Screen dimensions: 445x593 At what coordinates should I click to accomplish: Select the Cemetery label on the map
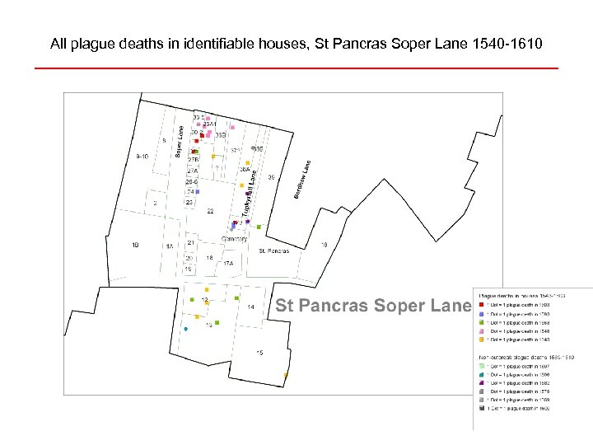tap(235, 239)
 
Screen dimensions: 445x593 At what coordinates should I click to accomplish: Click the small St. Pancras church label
tap(273, 251)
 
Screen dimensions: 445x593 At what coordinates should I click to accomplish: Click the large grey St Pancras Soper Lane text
tap(372, 306)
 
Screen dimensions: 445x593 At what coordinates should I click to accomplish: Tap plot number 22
tap(210, 212)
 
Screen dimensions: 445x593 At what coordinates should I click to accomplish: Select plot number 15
tap(259, 353)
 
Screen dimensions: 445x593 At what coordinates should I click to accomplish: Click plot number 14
tap(250, 307)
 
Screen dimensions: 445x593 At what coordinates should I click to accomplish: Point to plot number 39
tap(271, 177)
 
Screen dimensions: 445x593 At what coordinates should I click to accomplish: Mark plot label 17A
tap(227, 264)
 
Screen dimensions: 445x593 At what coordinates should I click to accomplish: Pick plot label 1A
tap(170, 246)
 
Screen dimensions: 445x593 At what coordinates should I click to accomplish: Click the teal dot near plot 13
tap(186, 330)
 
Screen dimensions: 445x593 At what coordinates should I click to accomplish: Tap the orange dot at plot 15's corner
tap(285, 375)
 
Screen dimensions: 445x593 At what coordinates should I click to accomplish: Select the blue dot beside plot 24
tap(198, 192)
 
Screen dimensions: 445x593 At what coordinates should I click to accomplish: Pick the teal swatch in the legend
tap(481, 373)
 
